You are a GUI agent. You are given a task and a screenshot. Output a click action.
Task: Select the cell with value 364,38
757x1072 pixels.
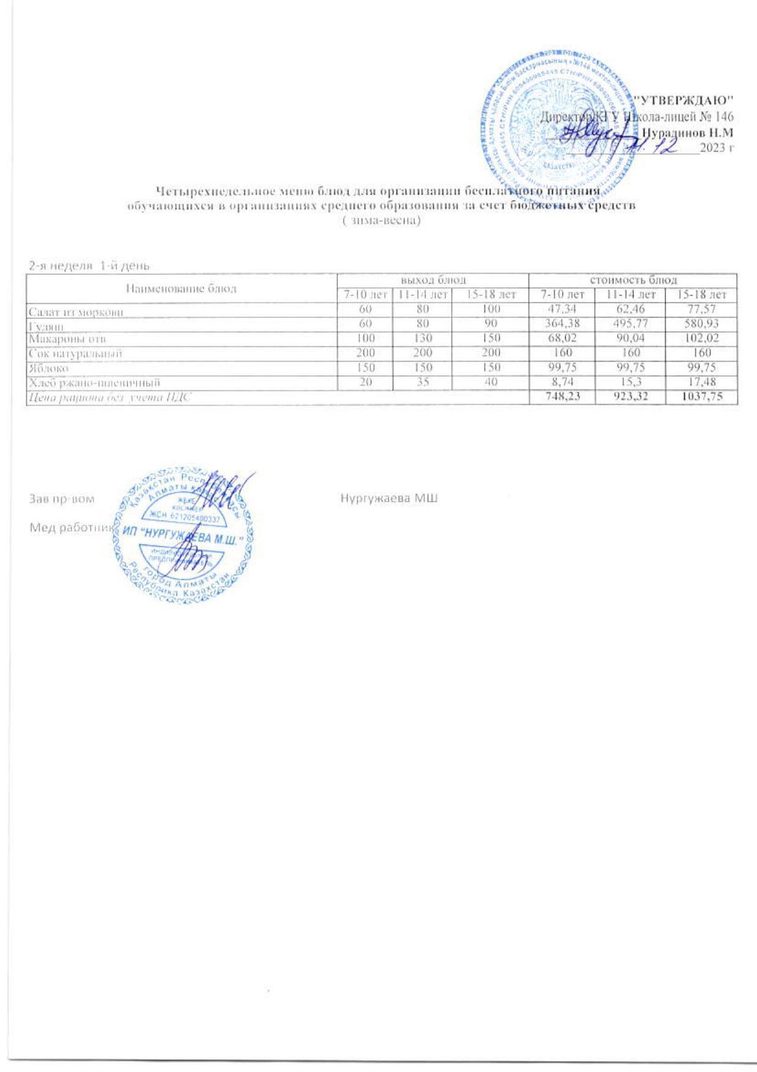[561, 325]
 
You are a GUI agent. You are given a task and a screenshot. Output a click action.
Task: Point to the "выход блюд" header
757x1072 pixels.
[433, 280]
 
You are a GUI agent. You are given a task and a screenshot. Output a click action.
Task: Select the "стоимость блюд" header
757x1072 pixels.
[632, 280]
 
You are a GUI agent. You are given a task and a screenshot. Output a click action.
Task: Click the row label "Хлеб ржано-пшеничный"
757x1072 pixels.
[95, 383]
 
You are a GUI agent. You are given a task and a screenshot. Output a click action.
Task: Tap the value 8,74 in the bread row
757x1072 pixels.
[561, 383]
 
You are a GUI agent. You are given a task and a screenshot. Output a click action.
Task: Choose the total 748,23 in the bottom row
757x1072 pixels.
[561, 397]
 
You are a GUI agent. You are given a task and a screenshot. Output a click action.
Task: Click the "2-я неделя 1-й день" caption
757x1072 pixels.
[89, 265]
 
